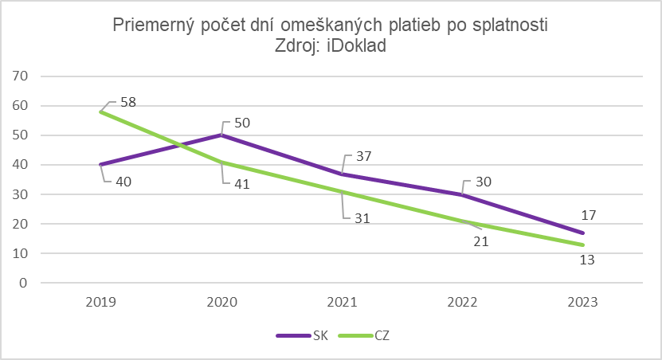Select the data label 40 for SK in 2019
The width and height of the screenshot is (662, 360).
(123, 182)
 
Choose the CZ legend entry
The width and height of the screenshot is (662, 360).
(381, 335)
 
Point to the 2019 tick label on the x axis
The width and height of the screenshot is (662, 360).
(101, 303)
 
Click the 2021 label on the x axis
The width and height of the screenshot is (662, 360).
(343, 303)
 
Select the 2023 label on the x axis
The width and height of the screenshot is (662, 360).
(583, 303)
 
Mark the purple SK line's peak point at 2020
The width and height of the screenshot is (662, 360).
(222, 135)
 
